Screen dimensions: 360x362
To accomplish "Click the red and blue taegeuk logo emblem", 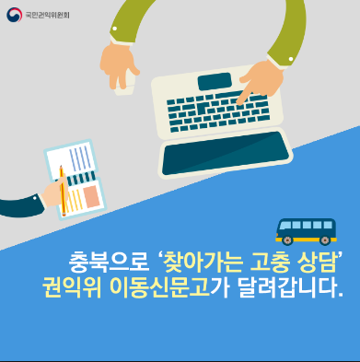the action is click(x=14, y=15).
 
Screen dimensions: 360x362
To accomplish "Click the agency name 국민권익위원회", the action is click(x=47, y=15).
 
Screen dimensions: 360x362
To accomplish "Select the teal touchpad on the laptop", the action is click(x=215, y=81).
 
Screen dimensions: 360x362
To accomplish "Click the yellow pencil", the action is click(x=63, y=191).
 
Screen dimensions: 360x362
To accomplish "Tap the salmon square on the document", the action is click(x=92, y=196).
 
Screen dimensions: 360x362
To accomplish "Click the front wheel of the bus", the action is click(x=287, y=240).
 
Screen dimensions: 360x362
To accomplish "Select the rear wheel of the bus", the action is click(x=325, y=239).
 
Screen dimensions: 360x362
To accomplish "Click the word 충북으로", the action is click(x=110, y=263).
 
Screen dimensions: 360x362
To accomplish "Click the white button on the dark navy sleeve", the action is click(x=35, y=198).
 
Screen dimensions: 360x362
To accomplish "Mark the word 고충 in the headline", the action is click(x=270, y=263).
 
